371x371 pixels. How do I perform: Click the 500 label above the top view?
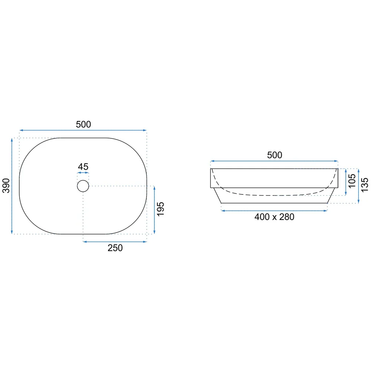point(83,124)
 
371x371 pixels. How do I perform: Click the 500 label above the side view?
point(275,155)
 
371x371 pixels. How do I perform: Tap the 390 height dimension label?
point(6,186)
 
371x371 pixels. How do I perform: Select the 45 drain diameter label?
point(83,167)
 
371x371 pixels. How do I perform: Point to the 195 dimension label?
point(161,209)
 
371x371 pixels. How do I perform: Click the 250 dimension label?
point(115,248)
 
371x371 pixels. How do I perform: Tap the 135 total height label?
point(365,185)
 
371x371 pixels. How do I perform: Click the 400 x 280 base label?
point(274,217)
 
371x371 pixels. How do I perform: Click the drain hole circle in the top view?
point(83,180)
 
